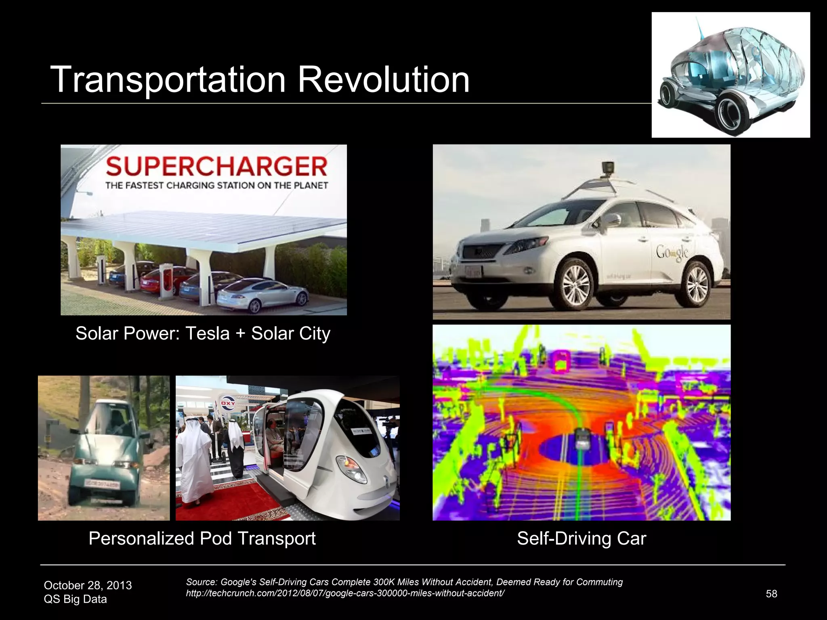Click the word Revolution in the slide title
point(383,80)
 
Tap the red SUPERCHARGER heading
point(216,167)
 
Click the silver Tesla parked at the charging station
point(262,294)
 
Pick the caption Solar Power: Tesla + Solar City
point(203,333)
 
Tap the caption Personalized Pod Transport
point(202,538)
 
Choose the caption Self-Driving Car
point(581,538)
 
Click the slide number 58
point(771,594)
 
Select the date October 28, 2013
point(88,585)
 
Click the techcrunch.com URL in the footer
point(345,593)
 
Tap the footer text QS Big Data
point(75,599)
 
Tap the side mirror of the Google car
point(613,220)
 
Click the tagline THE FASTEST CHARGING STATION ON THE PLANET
point(216,186)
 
